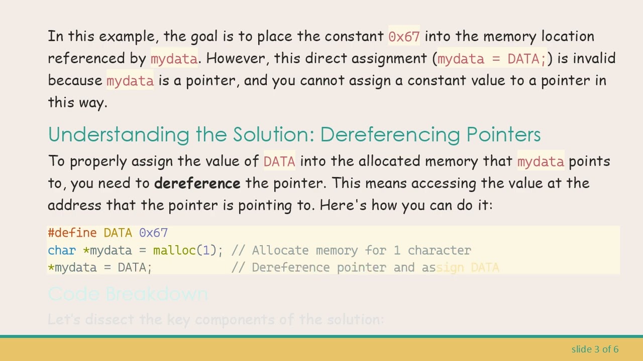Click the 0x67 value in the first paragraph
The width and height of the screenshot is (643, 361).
tap(404, 37)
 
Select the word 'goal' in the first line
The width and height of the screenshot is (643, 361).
tap(204, 37)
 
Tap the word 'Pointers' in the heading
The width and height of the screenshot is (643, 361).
tap(503, 135)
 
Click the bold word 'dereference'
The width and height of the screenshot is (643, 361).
tap(197, 184)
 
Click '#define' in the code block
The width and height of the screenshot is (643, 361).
tap(72, 233)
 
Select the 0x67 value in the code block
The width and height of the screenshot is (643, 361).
tap(153, 233)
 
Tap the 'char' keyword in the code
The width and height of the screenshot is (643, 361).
tap(61, 251)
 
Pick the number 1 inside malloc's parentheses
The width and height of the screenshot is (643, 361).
tap(206, 251)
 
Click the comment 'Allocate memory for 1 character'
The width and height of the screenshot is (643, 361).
tap(361, 251)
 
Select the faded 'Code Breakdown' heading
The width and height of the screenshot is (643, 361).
tap(128, 294)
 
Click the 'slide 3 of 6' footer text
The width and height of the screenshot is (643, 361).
tap(595, 349)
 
